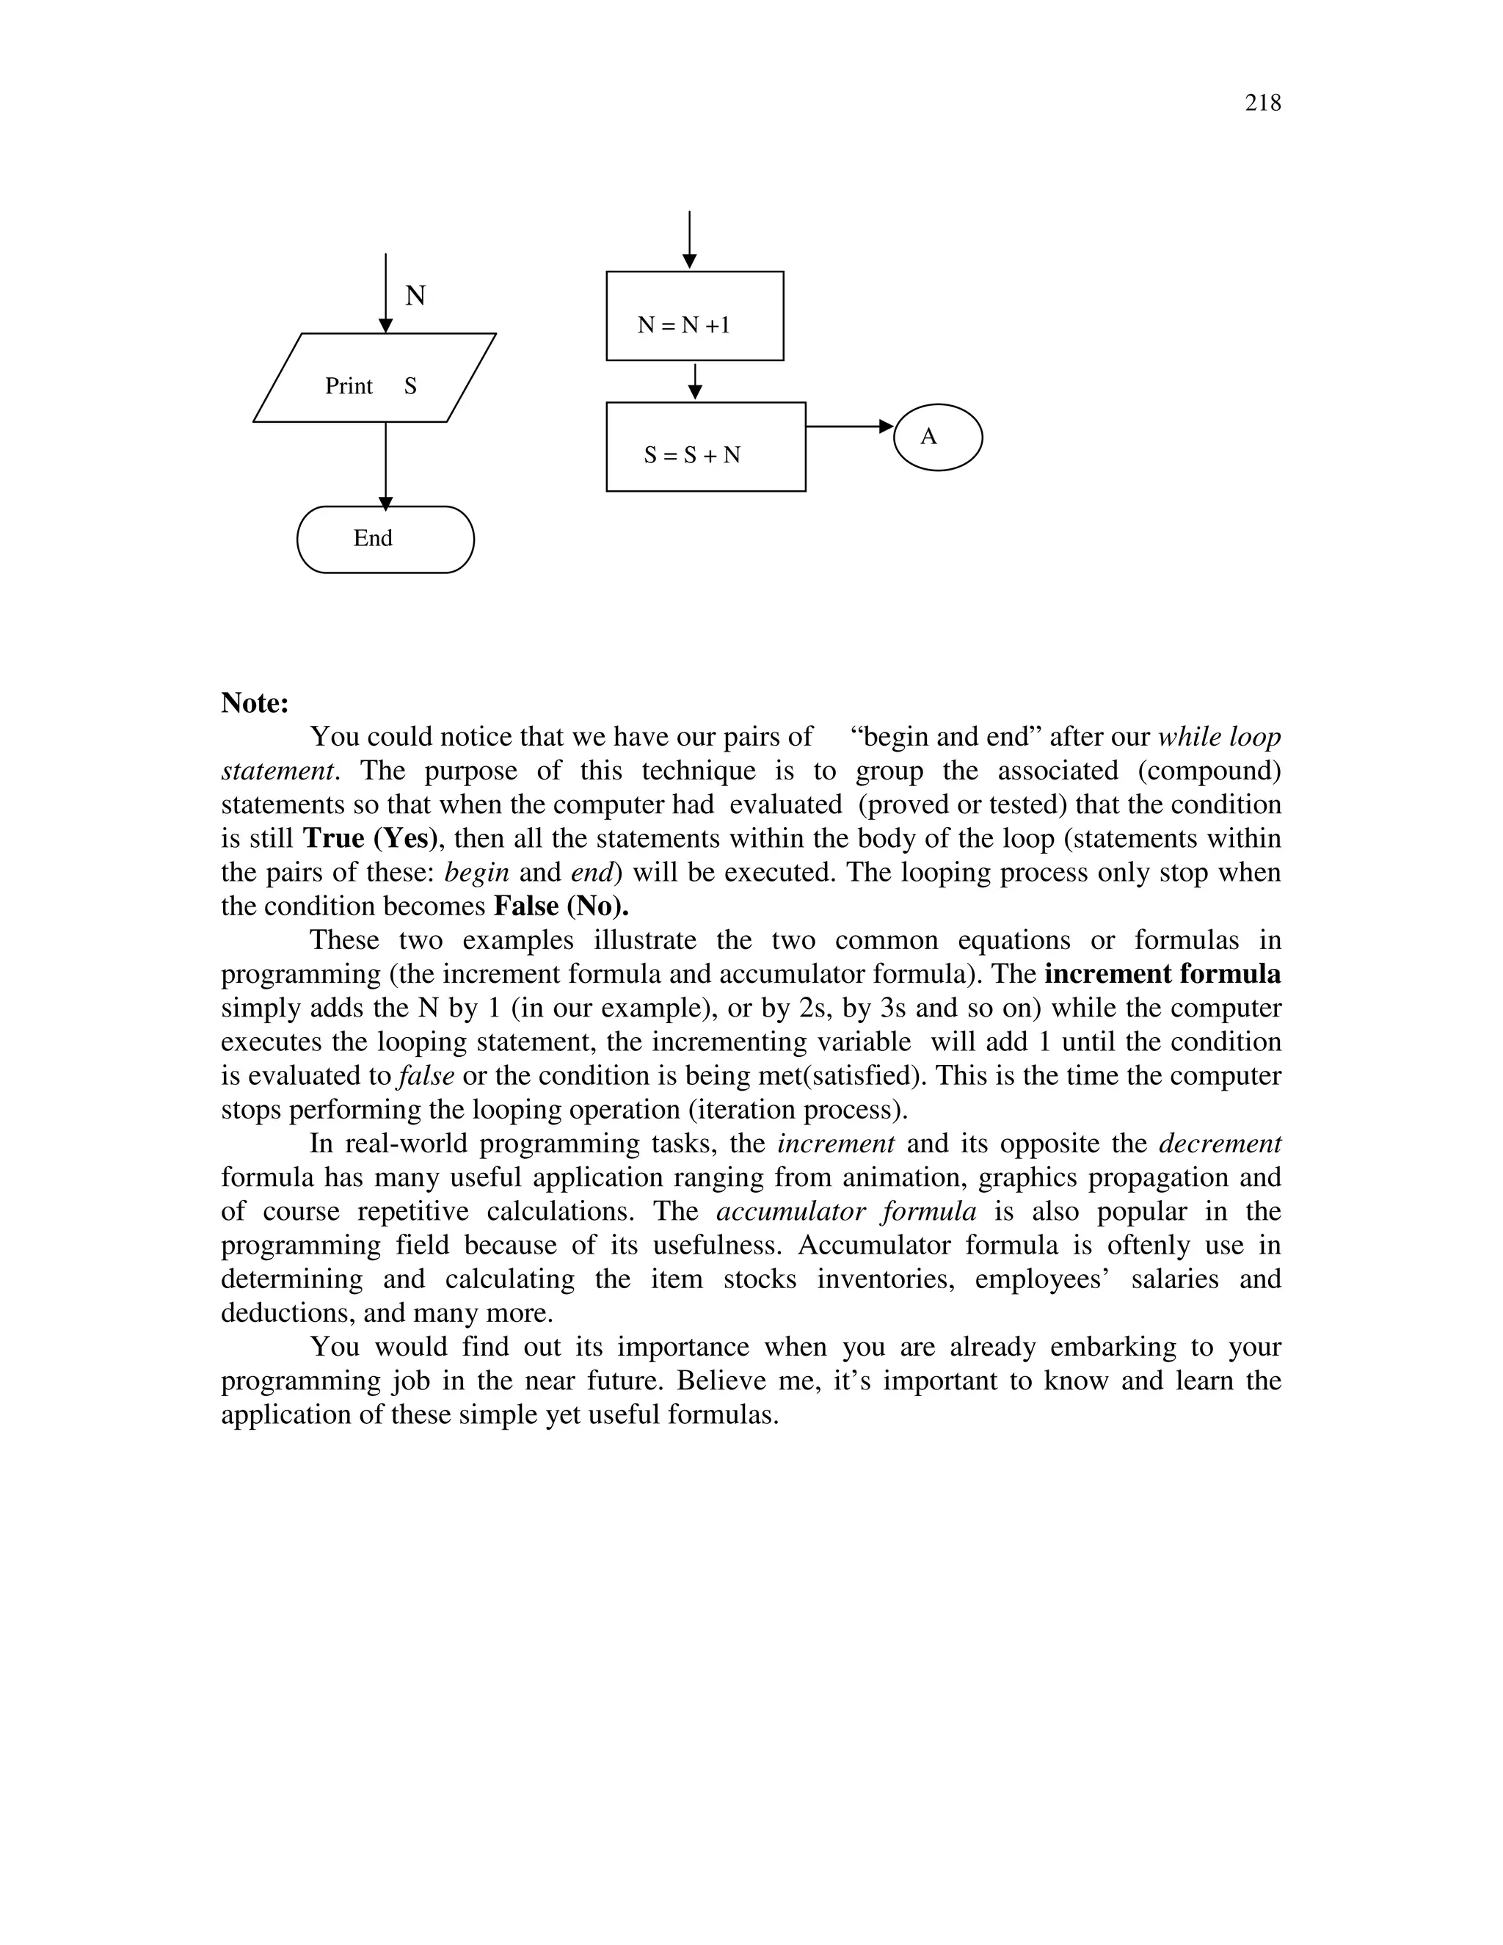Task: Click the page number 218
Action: point(1262,103)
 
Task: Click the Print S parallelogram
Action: point(374,377)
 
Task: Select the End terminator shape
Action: point(385,539)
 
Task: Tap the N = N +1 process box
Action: point(694,316)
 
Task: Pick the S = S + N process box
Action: point(705,447)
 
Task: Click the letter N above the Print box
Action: point(415,295)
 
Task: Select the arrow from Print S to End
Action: point(385,464)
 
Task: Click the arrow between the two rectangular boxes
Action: point(696,381)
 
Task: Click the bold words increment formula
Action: point(1162,973)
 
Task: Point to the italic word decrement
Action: point(1220,1143)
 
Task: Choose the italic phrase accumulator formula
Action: point(846,1210)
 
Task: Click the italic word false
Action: point(426,1075)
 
